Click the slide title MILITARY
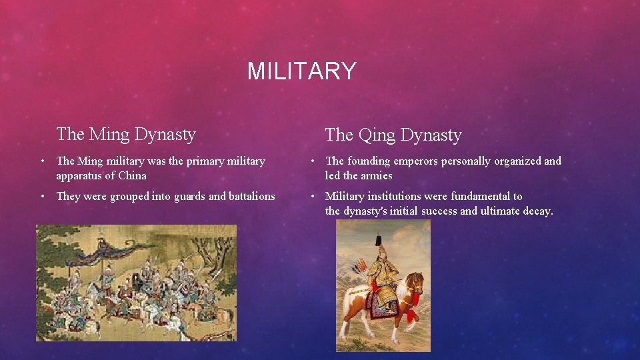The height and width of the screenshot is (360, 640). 302,71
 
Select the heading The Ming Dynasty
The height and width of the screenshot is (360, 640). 126,134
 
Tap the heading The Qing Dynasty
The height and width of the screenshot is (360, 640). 393,135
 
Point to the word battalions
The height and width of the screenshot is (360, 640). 252,196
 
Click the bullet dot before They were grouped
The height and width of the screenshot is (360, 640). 42,196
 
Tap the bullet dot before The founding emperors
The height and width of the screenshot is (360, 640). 311,161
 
